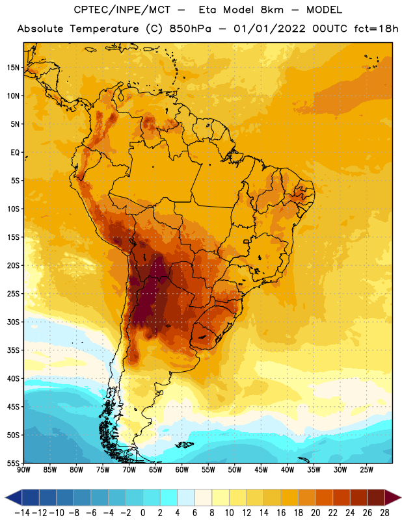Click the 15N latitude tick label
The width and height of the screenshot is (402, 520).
tap(13, 68)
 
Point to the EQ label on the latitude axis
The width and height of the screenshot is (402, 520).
tap(15, 153)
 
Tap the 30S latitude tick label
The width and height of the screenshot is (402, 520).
tap(13, 322)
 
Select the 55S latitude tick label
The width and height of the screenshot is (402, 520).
tap(13, 463)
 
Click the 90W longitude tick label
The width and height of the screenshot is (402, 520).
tap(23, 470)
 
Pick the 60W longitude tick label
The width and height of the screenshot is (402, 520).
tap(182, 470)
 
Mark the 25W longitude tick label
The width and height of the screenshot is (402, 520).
tap(366, 470)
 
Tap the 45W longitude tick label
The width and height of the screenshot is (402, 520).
tap(261, 470)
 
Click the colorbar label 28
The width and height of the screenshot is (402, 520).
tap(384, 513)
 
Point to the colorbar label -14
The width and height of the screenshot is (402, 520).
tap(22, 513)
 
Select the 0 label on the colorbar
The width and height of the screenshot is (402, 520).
tap(142, 513)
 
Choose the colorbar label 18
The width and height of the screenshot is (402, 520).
tap(299, 513)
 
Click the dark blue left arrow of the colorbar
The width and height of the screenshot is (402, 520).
tap(14, 497)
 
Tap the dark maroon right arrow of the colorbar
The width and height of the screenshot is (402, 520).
tap(393, 497)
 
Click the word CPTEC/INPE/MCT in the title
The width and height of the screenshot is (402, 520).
tap(122, 10)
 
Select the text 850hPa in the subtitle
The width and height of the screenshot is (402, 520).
tap(190, 29)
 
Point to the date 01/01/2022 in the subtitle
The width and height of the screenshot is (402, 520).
tap(269, 29)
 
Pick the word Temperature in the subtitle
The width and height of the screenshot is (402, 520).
tap(104, 29)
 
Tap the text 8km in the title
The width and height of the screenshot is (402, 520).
tap(272, 10)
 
